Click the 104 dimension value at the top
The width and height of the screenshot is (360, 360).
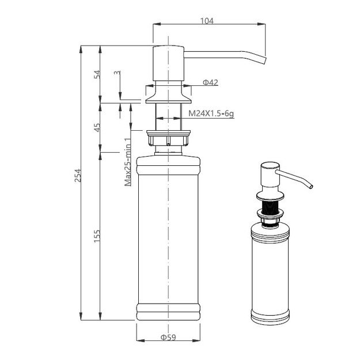tap(207, 21)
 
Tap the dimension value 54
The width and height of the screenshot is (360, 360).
tap(97, 74)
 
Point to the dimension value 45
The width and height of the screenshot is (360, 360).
tap(97, 127)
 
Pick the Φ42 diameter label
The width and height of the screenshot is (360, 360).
tap(210, 83)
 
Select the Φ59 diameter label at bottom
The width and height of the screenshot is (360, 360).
tap(168, 336)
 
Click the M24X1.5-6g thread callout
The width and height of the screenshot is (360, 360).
tap(211, 114)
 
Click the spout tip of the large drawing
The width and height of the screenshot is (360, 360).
tap(264, 62)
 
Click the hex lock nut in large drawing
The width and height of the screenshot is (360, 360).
tap(168, 139)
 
